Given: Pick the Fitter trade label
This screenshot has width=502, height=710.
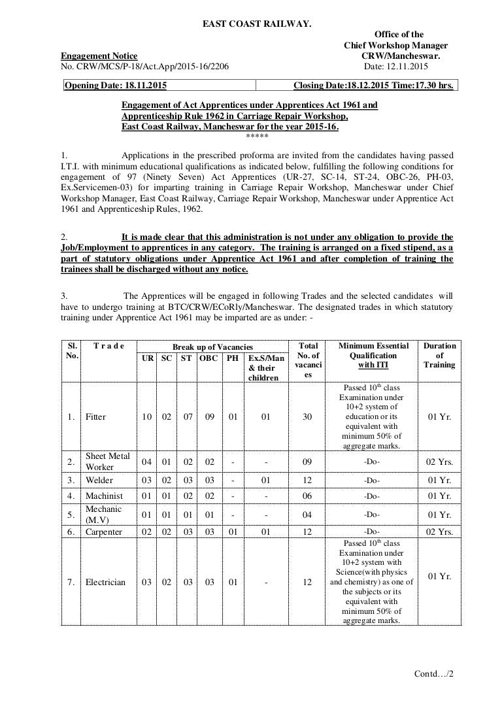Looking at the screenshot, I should point(95,416).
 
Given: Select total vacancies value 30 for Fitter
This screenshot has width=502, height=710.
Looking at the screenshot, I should point(308,416).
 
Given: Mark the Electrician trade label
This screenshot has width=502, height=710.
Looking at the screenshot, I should point(105,582).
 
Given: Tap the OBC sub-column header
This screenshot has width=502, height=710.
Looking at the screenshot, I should point(209,358).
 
